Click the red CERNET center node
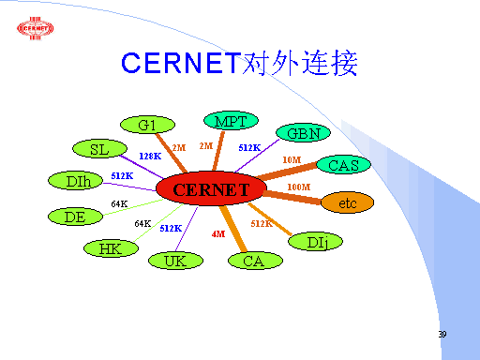click(x=211, y=188)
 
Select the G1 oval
click(x=147, y=125)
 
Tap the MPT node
click(x=231, y=120)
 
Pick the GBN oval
click(x=303, y=133)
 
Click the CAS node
click(x=343, y=164)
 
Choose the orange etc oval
click(x=347, y=202)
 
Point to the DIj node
click(x=315, y=242)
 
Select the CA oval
click(x=255, y=261)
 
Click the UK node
click(x=175, y=261)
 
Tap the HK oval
click(x=111, y=248)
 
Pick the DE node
click(x=75, y=217)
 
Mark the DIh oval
click(x=75, y=180)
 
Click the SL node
click(x=99, y=148)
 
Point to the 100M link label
click(x=299, y=187)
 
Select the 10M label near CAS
click(x=292, y=159)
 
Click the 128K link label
click(x=150, y=156)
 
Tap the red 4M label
click(x=218, y=233)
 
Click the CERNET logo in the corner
click(x=36, y=28)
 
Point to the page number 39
click(x=442, y=334)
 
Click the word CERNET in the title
click(x=181, y=63)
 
